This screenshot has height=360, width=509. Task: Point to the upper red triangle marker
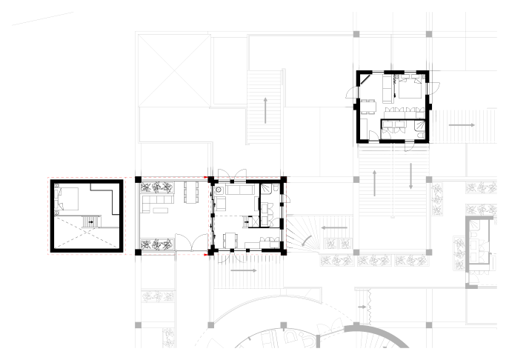pyautogui.click(x=206, y=178)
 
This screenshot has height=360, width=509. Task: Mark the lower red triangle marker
pyautogui.click(x=206, y=254)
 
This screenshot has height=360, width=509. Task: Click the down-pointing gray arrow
pyautogui.click(x=410, y=176)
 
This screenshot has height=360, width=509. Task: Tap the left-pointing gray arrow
pyautogui.click(x=334, y=227)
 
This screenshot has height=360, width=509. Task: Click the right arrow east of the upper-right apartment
pyautogui.click(x=462, y=126)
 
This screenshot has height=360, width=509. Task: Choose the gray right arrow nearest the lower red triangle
pyautogui.click(x=244, y=271)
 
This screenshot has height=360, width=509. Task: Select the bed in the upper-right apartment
pyautogui.click(x=408, y=90)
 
